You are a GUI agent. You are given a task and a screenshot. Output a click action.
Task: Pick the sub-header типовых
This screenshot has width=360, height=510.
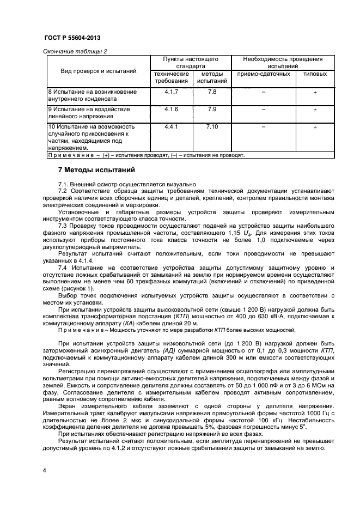point(315,74)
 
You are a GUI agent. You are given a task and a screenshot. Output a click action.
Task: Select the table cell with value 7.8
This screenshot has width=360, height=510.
point(212,92)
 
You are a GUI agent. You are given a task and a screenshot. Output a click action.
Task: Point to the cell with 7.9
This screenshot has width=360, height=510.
point(212,109)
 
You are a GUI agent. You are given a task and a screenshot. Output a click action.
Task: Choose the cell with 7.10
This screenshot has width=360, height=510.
point(212,126)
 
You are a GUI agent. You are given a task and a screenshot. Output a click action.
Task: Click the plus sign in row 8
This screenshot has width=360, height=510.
point(315,92)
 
